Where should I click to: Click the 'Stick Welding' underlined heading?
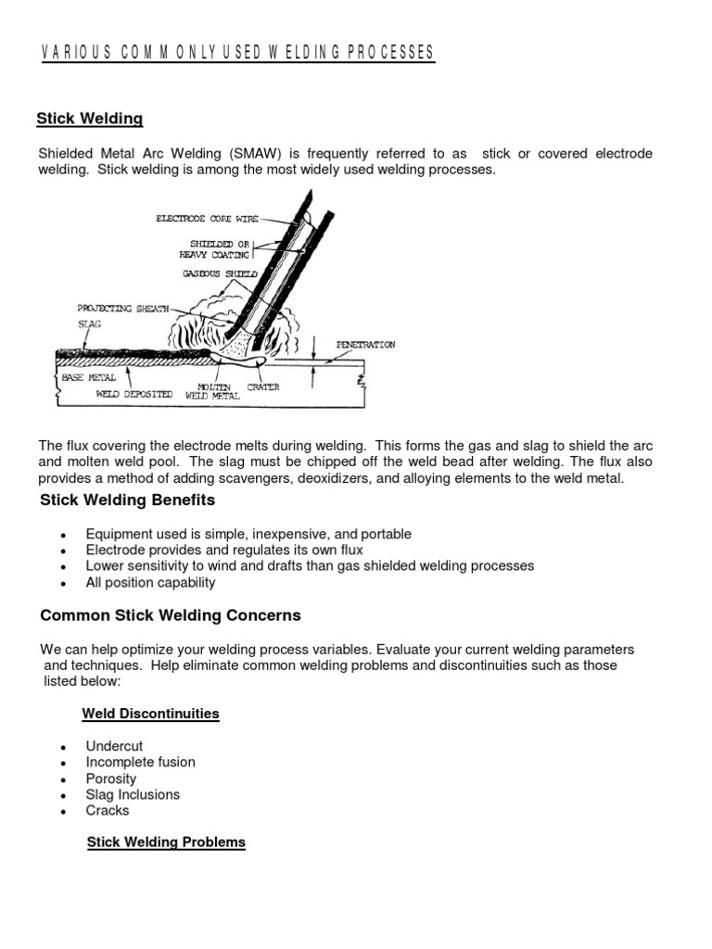[x=89, y=119]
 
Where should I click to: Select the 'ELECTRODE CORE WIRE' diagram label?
[x=206, y=220]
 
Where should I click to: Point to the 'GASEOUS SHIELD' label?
[x=219, y=274]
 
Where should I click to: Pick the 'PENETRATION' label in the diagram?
[x=365, y=345]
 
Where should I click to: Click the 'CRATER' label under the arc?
[x=263, y=387]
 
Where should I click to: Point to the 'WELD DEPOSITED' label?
[x=134, y=394]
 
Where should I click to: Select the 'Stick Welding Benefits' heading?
[x=127, y=500]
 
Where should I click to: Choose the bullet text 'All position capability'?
[x=150, y=582]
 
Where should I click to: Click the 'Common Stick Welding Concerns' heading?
[x=171, y=615]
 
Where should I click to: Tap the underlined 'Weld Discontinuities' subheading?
[x=150, y=714]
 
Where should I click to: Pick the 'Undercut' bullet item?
[x=114, y=746]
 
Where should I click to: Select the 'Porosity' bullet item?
[x=111, y=778]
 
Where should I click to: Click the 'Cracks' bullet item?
[x=108, y=810]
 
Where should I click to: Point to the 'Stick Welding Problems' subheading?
[x=166, y=841]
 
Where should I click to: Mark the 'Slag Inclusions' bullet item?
[x=133, y=794]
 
